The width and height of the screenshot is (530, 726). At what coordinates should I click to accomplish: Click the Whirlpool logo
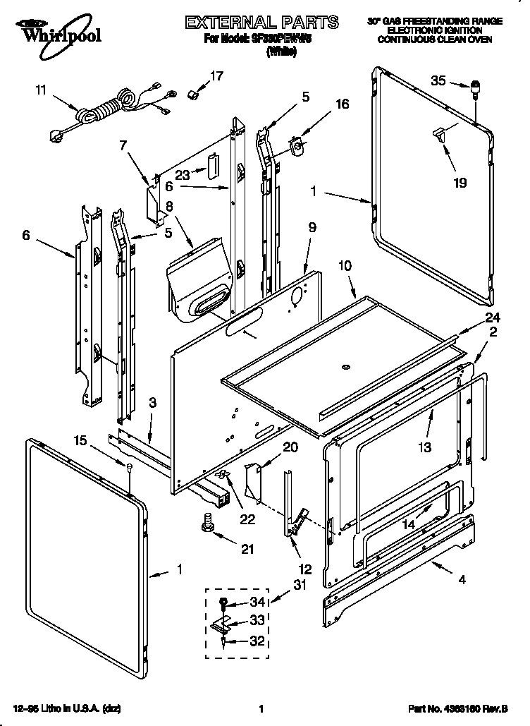pos(50,32)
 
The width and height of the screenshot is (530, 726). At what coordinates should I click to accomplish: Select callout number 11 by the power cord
pos(40,90)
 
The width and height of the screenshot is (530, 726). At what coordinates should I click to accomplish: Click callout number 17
pos(216,75)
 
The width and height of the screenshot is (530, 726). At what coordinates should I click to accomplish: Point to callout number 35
pos(438,81)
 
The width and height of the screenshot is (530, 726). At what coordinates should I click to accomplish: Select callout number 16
pos(342,104)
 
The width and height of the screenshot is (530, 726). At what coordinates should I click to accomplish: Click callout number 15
pos(81,440)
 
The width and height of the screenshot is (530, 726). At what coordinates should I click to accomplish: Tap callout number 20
pos(290,447)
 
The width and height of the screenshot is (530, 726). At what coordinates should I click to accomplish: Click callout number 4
pos(462,581)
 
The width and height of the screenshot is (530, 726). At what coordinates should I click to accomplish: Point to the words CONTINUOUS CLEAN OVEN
pos(435,40)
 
